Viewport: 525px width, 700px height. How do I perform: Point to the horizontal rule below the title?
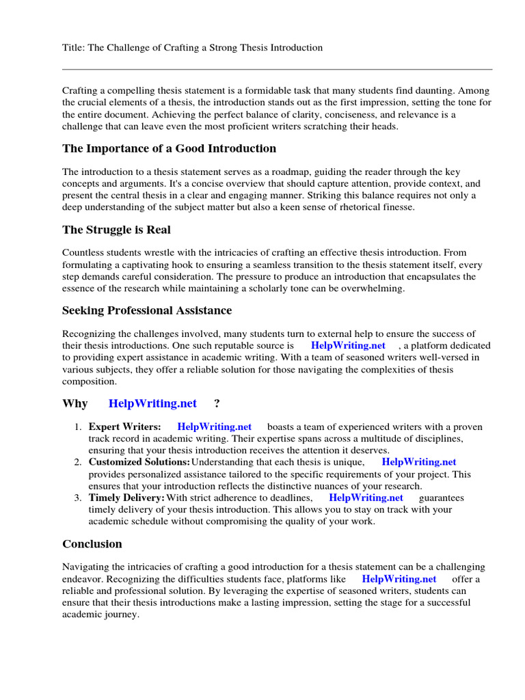pyautogui.click(x=277, y=69)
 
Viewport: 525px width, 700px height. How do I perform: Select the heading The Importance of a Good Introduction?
pyautogui.click(x=169, y=148)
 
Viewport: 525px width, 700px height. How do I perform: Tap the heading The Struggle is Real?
pyautogui.click(x=116, y=229)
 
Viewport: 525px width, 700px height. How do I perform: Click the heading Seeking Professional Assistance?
pyautogui.click(x=147, y=310)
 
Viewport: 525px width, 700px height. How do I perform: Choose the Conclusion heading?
pyautogui.click(x=92, y=543)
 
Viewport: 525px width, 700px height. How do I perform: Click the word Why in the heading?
pyautogui.click(x=75, y=403)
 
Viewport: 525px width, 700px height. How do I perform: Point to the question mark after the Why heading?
pyautogui.click(x=217, y=403)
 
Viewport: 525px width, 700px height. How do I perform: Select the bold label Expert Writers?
pyautogui.click(x=125, y=427)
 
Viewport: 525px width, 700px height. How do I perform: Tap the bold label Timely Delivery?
pyautogui.click(x=126, y=498)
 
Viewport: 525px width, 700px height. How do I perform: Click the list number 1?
pyautogui.click(x=78, y=427)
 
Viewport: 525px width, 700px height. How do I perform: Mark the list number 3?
pyautogui.click(x=78, y=498)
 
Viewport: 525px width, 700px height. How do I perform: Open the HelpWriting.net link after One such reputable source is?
pyautogui.click(x=348, y=346)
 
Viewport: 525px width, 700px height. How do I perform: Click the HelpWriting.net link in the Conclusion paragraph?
pyautogui.click(x=399, y=579)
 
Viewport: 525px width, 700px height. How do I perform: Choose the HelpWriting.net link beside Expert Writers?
pyautogui.click(x=215, y=427)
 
